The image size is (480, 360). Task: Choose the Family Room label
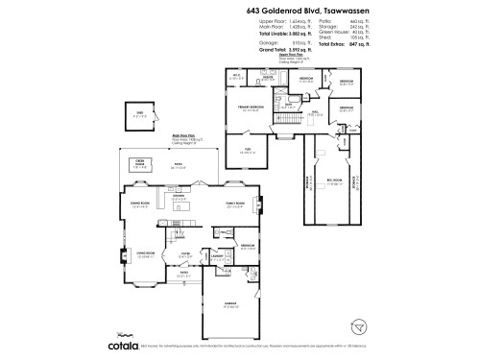[x=235, y=204]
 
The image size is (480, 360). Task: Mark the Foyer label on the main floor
[x=187, y=253]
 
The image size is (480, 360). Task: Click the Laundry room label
[x=217, y=255]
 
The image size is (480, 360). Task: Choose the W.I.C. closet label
[x=236, y=77]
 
